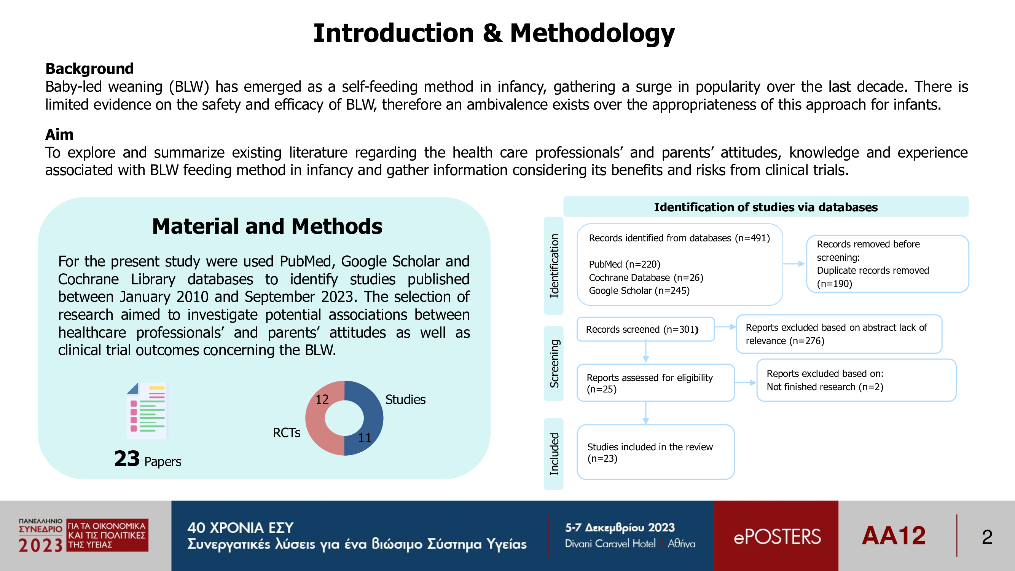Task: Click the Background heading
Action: coord(89,69)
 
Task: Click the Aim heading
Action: coord(59,134)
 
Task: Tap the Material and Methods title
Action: coord(267,226)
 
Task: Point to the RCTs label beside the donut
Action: coord(287,433)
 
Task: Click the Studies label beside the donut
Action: coord(405,400)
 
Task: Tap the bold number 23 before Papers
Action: coord(127,459)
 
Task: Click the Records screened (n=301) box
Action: coord(645,329)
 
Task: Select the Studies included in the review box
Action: coord(655,452)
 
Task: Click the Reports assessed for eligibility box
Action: coord(655,383)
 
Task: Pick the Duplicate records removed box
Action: coord(888,264)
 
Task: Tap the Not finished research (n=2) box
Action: coord(856,380)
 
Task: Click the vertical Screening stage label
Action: coord(554,363)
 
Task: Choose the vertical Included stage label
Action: coord(554,454)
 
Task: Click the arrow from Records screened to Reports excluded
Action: coord(725,327)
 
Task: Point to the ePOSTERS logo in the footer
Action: coord(777,536)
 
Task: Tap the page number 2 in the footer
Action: coord(987,537)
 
